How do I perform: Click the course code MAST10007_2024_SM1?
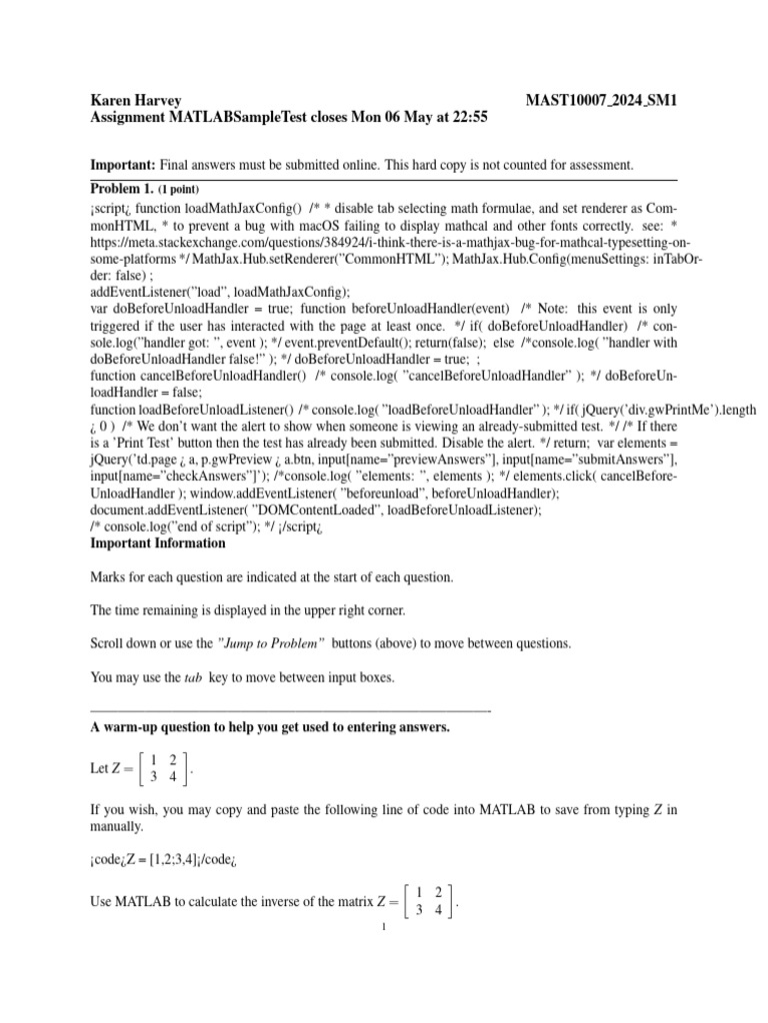pyautogui.click(x=602, y=100)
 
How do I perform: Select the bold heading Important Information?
pyautogui.click(x=158, y=543)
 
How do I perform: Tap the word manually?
pyautogui.click(x=119, y=827)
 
